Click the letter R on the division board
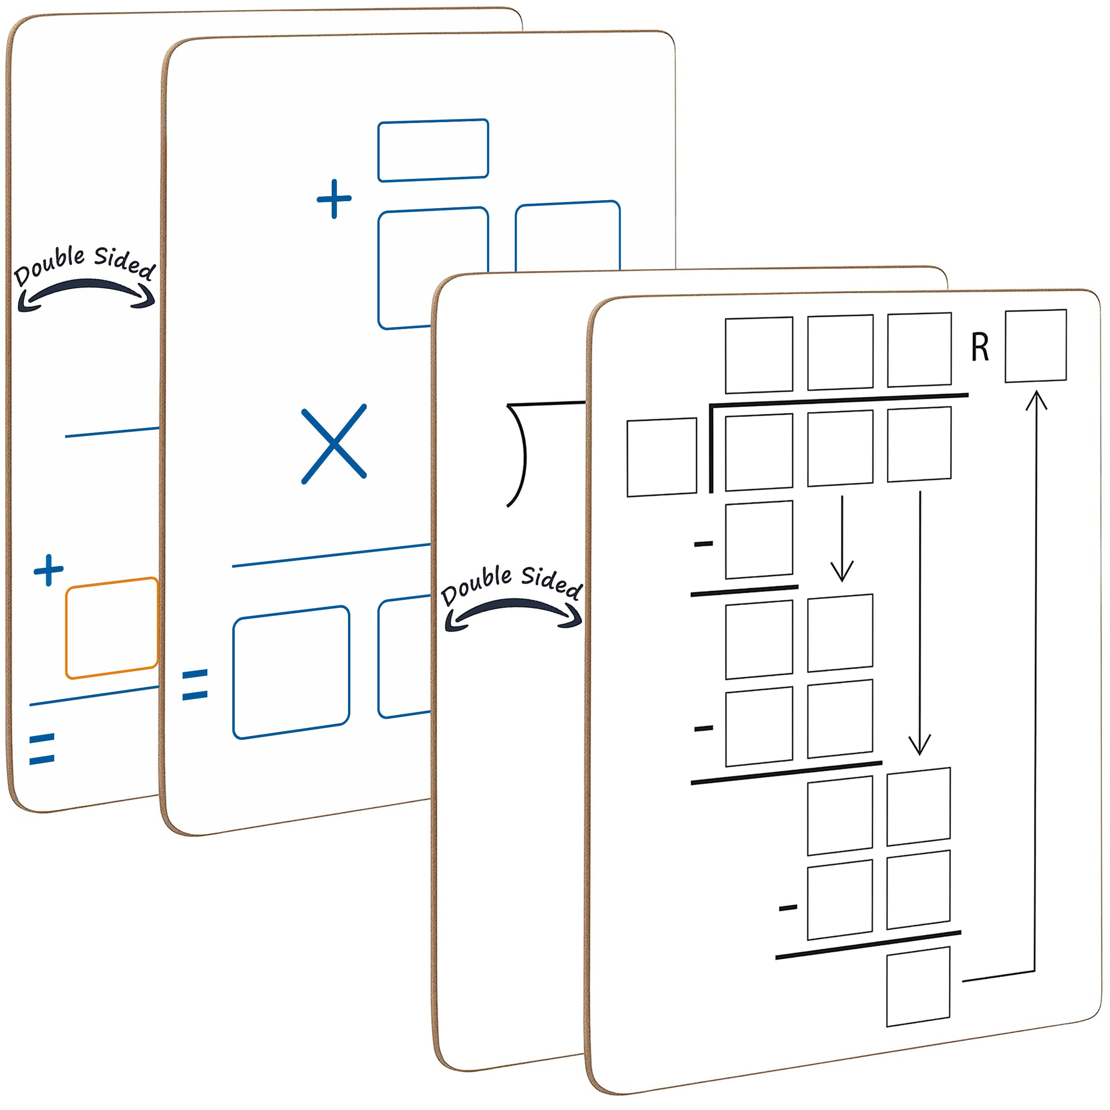(x=980, y=348)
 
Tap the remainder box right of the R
(x=1035, y=346)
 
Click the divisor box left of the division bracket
(x=661, y=457)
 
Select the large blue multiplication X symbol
(x=334, y=444)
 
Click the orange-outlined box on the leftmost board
(x=111, y=628)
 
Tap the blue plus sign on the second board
(x=334, y=199)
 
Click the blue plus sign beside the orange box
(x=48, y=570)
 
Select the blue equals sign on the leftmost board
(x=42, y=749)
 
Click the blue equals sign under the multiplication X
(x=195, y=684)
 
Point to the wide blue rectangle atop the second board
(x=432, y=151)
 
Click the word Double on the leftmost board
(x=49, y=264)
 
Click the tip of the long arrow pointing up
(x=1036, y=393)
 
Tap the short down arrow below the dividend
(x=842, y=540)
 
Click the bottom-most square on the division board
(x=918, y=987)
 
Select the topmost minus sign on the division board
(x=703, y=543)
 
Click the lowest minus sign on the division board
(x=788, y=908)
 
